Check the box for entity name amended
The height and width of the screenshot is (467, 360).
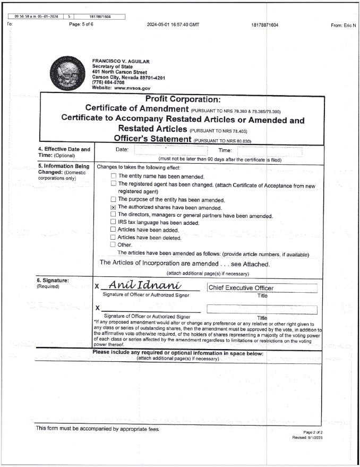pos(113,176)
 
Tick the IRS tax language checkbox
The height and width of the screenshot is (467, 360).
pos(113,222)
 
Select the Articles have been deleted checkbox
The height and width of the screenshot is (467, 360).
pos(113,237)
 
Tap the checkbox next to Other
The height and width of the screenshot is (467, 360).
pos(113,245)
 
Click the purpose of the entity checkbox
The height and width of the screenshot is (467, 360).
pos(113,199)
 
